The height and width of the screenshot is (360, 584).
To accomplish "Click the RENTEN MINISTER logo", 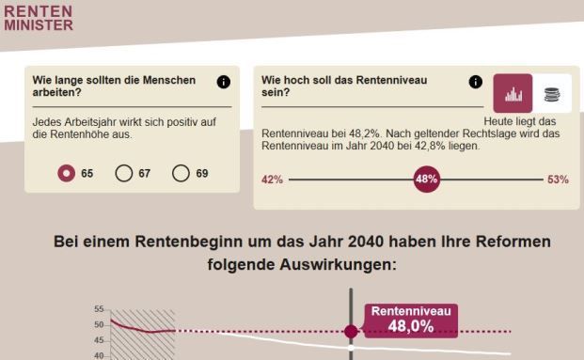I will coord(39,17).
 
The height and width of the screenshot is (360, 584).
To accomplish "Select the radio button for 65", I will coord(67,173).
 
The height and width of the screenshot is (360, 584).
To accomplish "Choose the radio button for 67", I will coord(124,173).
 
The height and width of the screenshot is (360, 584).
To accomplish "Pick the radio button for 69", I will coord(182,173).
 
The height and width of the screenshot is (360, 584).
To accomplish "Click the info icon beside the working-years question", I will coord(223,82).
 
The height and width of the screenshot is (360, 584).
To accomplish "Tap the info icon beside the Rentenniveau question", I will coord(476,82).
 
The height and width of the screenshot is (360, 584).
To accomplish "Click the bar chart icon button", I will coord(513,94).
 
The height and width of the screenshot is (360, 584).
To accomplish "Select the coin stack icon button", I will coord(552,94).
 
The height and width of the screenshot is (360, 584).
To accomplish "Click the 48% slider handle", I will coord(427,179).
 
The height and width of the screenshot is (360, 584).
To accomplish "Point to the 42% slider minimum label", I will coord(272,180).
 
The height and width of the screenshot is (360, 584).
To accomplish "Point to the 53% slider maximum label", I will coord(558,180).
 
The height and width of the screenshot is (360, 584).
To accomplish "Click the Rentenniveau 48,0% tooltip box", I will coord(411,320).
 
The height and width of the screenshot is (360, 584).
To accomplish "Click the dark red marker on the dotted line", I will coord(351,331).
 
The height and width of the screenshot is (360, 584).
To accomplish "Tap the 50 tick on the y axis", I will coord(99,325).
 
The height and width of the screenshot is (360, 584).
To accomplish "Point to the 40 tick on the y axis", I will coord(99,355).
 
